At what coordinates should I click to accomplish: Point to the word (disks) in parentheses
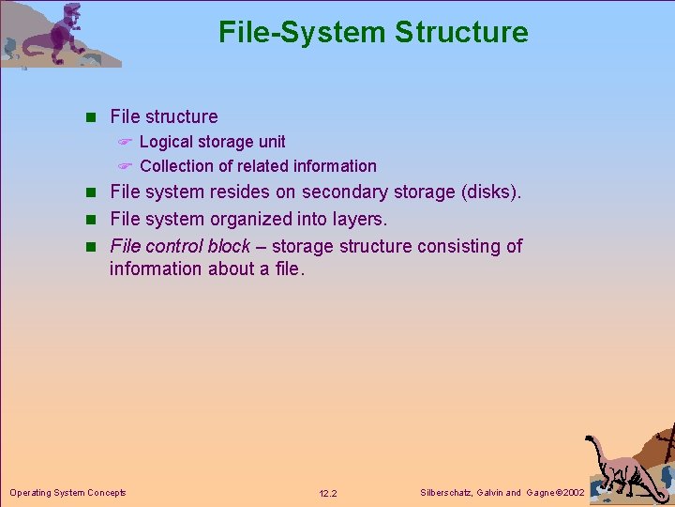pos(491,192)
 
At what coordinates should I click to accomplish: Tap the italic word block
pos(230,246)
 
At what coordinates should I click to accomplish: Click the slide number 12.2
pos(328,493)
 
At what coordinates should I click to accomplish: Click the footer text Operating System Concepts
pos(67,492)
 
